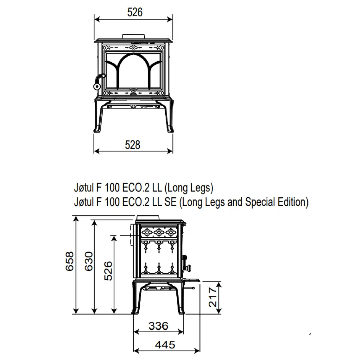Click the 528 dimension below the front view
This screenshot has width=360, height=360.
coord(133,145)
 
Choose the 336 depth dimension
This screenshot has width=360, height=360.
coord(158,326)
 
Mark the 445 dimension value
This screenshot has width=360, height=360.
coord(165,345)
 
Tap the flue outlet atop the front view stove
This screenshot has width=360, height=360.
coord(134,36)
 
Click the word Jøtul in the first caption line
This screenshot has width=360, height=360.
coord(84,188)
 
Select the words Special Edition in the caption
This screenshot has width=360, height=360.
coord(275,202)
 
